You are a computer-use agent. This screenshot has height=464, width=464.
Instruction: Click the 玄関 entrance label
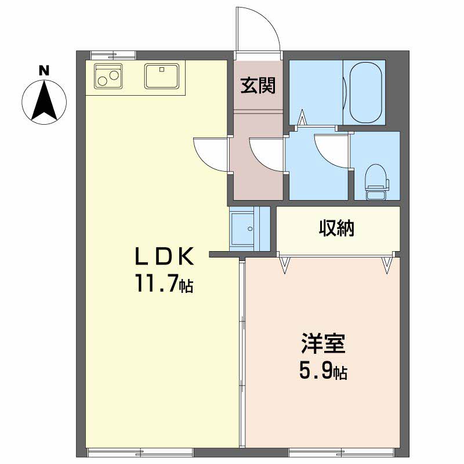click(x=258, y=85)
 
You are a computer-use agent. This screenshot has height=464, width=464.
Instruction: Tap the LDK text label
click(x=165, y=256)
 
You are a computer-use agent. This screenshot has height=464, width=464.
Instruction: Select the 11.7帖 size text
click(x=165, y=283)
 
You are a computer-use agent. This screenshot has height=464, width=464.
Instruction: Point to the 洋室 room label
click(x=323, y=343)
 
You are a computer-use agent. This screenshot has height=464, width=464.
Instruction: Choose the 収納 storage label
click(x=337, y=228)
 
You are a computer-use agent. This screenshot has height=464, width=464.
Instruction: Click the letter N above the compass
click(x=44, y=71)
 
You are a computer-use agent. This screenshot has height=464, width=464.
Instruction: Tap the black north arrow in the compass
click(x=44, y=100)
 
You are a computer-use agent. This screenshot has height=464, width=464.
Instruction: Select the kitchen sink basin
click(x=162, y=76)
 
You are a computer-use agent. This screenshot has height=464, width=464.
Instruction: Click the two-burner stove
click(x=108, y=76)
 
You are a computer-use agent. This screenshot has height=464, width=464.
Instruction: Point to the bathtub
click(x=366, y=92)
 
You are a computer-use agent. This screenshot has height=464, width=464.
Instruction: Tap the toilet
click(x=376, y=182)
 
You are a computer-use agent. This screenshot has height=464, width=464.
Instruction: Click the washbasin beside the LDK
click(x=242, y=228)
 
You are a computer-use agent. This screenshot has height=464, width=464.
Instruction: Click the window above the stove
click(x=113, y=55)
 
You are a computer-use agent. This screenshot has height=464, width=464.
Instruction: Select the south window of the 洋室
click(x=341, y=453)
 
